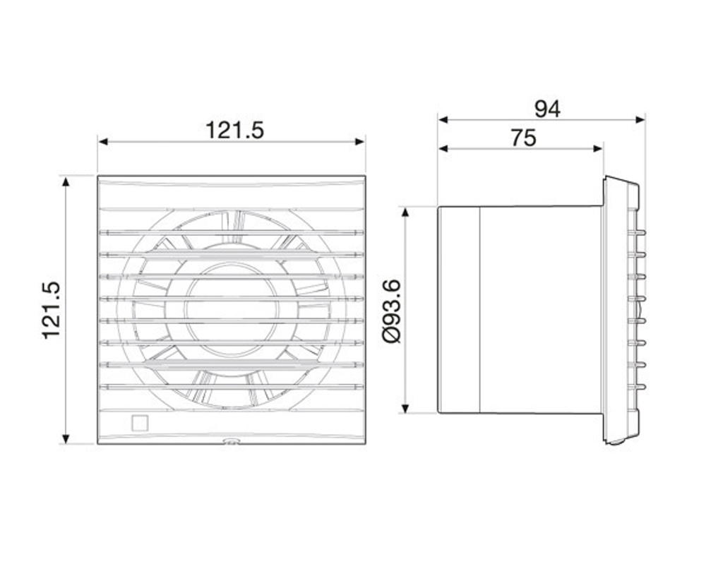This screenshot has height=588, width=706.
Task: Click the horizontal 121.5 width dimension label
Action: [x=234, y=131]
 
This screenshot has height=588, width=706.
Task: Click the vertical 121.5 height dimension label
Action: [x=51, y=310]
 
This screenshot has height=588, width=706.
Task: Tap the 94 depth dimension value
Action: [x=547, y=109]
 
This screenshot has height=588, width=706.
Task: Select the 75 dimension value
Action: [x=524, y=138]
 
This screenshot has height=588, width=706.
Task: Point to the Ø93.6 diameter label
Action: [x=392, y=311]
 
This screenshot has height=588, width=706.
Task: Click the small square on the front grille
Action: [x=140, y=423]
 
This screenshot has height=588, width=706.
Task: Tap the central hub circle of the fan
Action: [x=232, y=310]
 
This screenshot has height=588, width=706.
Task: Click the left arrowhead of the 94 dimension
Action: [x=443, y=120]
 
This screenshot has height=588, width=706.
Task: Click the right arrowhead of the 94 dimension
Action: [x=640, y=120]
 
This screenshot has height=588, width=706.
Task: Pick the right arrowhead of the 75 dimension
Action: [x=597, y=148]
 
